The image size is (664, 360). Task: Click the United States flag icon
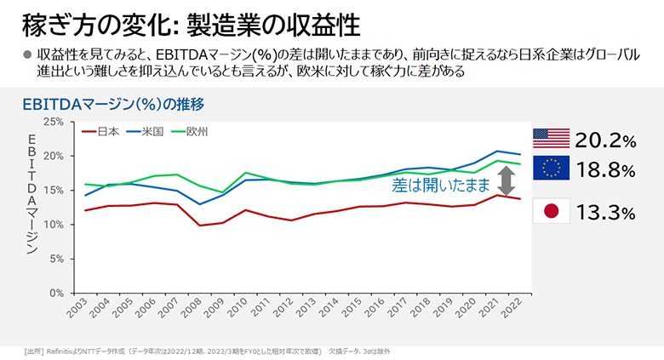[551, 138]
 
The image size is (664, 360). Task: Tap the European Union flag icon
[551, 169]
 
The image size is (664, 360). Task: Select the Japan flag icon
[551, 210]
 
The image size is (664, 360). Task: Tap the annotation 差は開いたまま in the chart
[441, 184]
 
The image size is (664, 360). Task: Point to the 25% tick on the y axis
[53, 122]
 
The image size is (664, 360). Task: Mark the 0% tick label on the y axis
[56, 293]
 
